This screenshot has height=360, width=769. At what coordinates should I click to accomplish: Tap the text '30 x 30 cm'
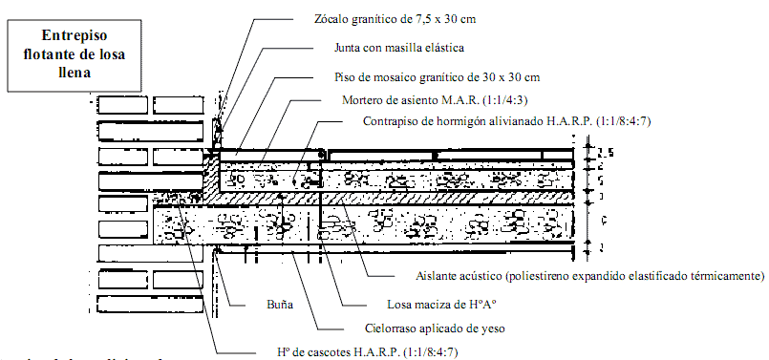point(510,75)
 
